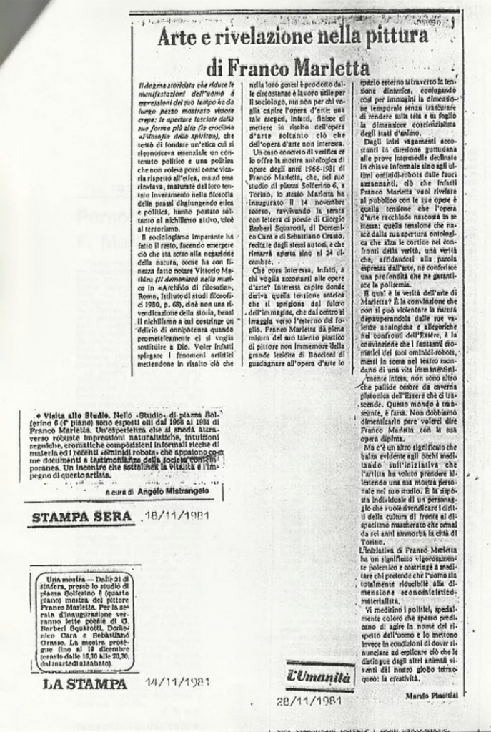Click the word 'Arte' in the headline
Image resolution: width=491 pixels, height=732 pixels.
tap(174, 36)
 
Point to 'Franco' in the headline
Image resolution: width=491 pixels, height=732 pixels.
tap(256, 69)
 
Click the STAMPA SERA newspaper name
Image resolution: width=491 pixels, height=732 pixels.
tap(81, 516)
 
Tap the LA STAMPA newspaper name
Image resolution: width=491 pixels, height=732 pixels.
tap(86, 683)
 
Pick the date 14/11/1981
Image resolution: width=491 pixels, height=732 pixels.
tap(177, 681)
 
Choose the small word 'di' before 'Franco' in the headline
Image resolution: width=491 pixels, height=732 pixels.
tap(214, 69)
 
